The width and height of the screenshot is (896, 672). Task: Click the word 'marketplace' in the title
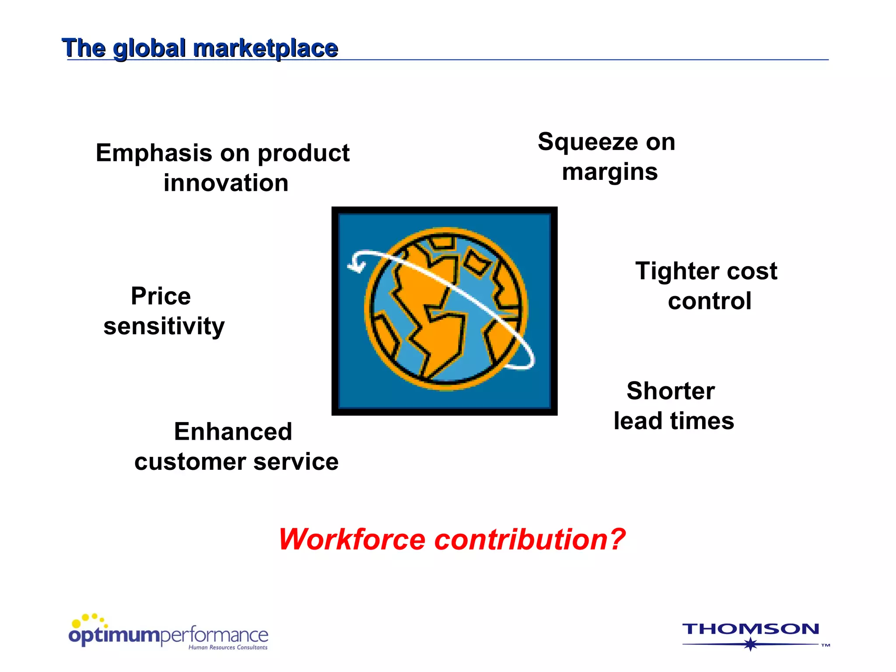(x=266, y=48)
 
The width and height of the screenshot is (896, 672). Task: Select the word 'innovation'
(x=226, y=183)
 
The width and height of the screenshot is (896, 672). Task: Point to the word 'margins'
(x=610, y=172)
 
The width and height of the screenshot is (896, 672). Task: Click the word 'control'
(x=709, y=301)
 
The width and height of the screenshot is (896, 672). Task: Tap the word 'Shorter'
(x=670, y=391)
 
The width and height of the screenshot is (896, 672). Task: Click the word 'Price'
(x=161, y=296)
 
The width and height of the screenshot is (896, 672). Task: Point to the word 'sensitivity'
(x=164, y=326)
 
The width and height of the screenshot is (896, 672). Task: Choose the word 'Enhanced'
(x=233, y=432)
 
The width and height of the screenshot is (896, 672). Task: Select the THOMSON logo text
(x=750, y=629)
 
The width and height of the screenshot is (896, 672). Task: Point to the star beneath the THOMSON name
(x=751, y=644)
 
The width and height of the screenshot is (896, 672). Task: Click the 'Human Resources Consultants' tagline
(x=227, y=647)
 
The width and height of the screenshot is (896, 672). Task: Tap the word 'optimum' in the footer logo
(x=115, y=635)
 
